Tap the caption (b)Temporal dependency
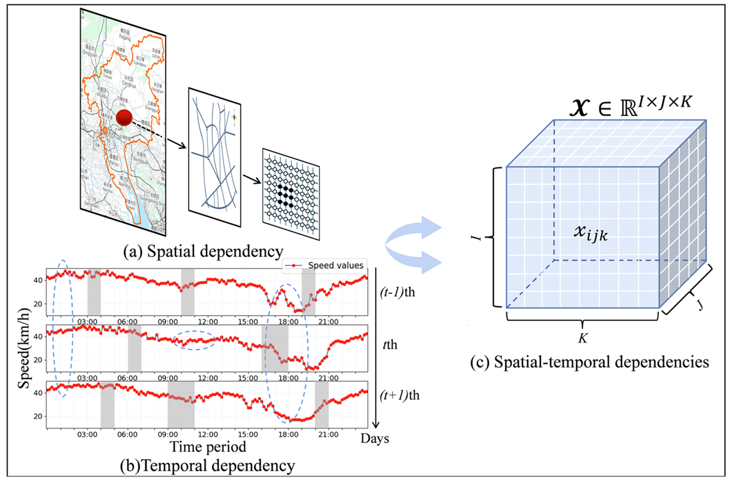click(207, 464)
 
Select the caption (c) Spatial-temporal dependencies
click(588, 362)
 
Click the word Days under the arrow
click(375, 439)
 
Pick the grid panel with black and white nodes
click(290, 186)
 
